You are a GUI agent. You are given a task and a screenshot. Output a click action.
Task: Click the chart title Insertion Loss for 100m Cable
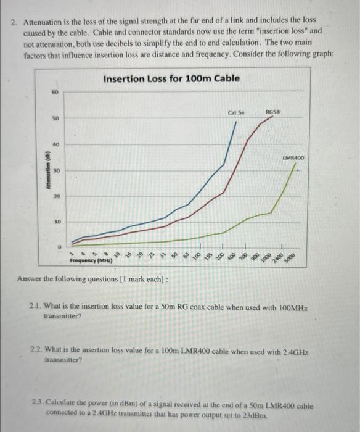(x=171, y=79)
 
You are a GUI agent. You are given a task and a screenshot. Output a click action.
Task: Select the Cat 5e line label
(x=235, y=113)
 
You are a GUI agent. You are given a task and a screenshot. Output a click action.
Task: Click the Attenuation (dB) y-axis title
(x=44, y=170)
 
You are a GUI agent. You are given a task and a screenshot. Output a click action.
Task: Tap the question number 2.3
(x=37, y=405)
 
